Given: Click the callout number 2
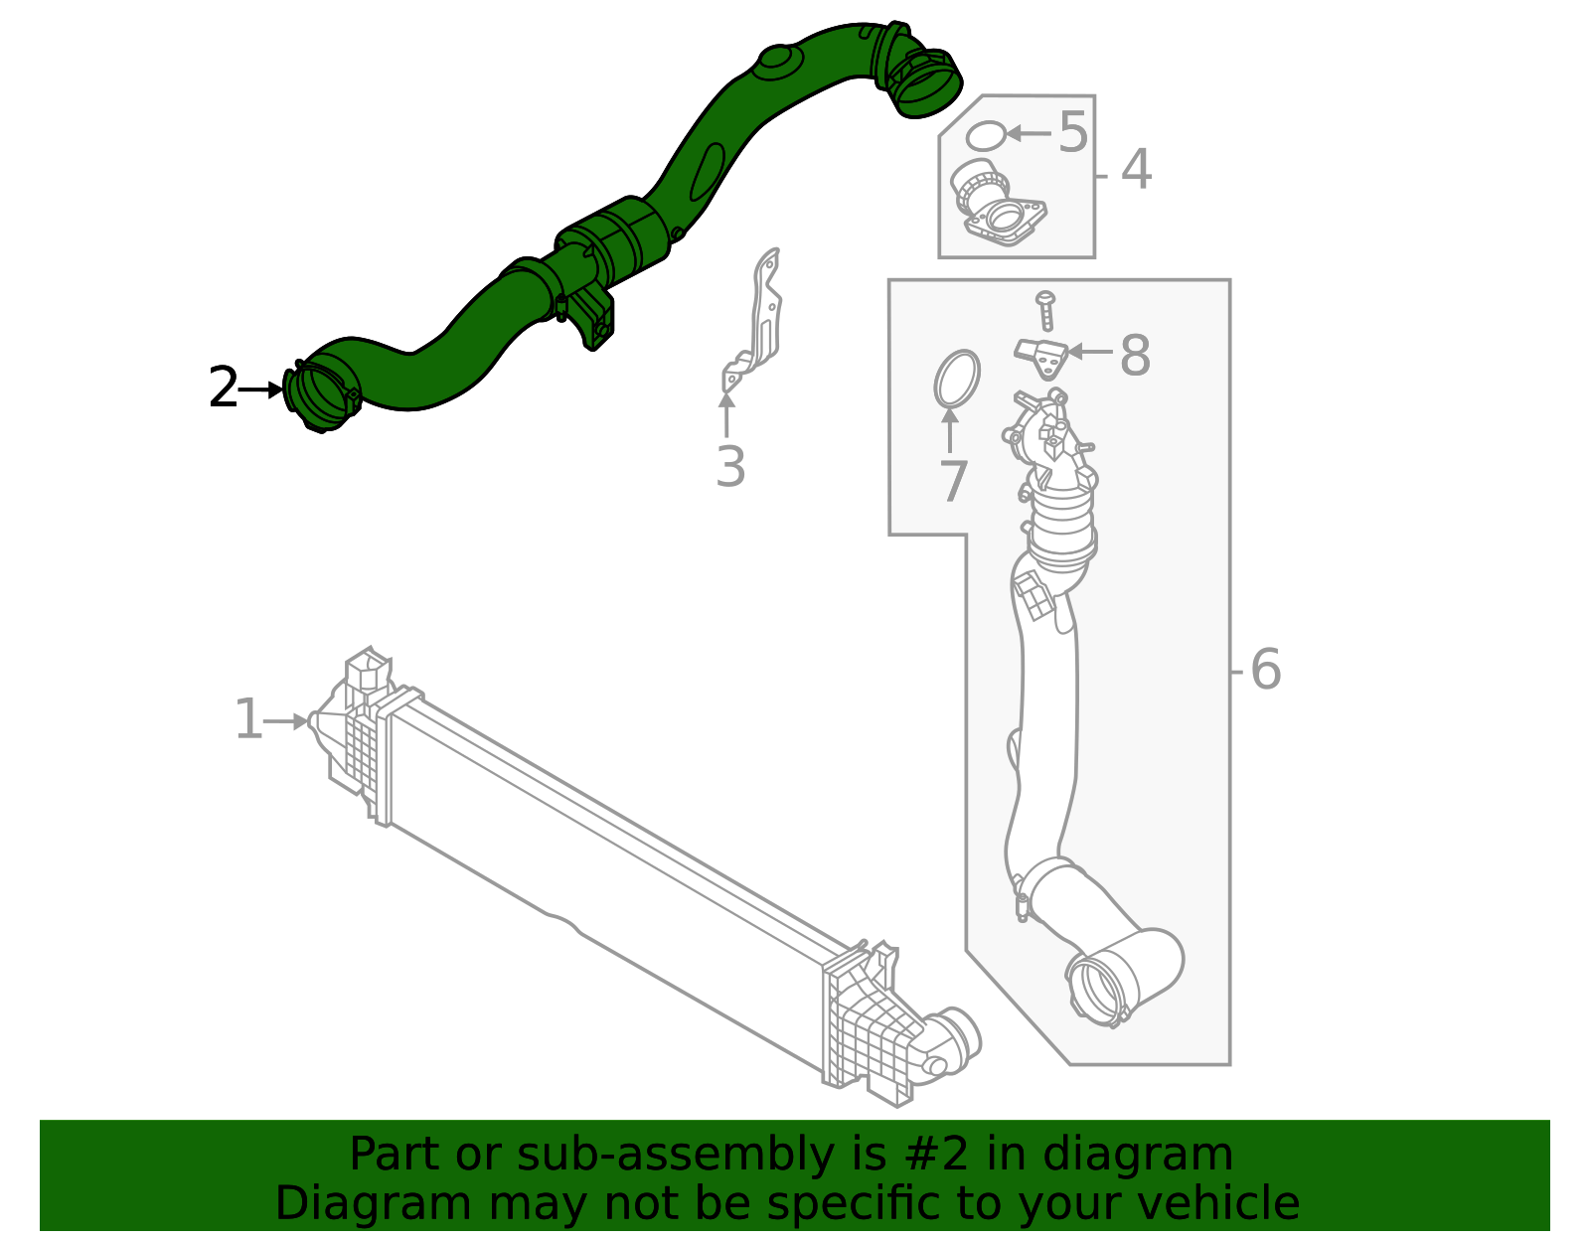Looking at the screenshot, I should click(223, 388).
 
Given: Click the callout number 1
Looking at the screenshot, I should click(247, 720).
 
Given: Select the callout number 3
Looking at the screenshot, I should click(730, 467).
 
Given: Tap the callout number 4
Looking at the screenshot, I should click(1136, 170).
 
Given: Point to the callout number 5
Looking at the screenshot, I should click(1072, 132).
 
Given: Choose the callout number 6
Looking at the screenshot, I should click(1265, 670).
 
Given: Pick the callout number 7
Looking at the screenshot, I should click(953, 482).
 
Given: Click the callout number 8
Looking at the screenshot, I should click(1135, 355).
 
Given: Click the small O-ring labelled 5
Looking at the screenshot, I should click(985, 136).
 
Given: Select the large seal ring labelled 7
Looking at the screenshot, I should click(957, 379).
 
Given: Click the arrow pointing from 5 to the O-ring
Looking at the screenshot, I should click(1028, 132).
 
